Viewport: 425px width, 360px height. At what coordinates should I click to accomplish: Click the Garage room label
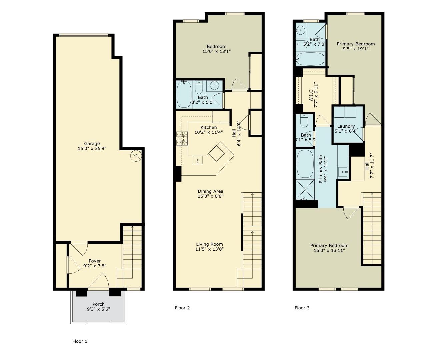[x=92, y=144]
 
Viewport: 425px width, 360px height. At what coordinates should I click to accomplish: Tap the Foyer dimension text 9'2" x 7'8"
[x=95, y=266]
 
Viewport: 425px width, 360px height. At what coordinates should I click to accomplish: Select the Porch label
[x=98, y=304]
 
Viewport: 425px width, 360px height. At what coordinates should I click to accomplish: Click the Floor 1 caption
[x=80, y=341]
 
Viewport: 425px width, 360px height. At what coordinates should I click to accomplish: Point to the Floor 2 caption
[x=182, y=308]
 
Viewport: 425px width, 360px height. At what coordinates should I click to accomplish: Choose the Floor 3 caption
[x=302, y=308]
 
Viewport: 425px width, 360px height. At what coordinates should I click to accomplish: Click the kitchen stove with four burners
[x=182, y=138]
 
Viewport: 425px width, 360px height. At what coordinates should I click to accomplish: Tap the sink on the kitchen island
[x=197, y=160]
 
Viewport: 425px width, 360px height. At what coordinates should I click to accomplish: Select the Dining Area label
[x=210, y=191]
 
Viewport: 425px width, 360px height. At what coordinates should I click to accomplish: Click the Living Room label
[x=209, y=244]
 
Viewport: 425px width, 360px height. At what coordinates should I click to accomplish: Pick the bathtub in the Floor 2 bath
[x=184, y=94]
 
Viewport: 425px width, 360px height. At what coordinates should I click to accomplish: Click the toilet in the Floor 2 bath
[x=199, y=87]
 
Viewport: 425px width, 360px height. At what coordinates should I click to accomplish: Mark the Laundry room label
[x=346, y=126]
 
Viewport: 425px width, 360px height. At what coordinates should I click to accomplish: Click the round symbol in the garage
[x=136, y=156]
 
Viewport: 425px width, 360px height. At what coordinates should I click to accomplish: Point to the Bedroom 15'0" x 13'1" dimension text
[x=216, y=51]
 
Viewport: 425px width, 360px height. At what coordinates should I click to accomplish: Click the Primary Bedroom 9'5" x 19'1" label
[x=355, y=46]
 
